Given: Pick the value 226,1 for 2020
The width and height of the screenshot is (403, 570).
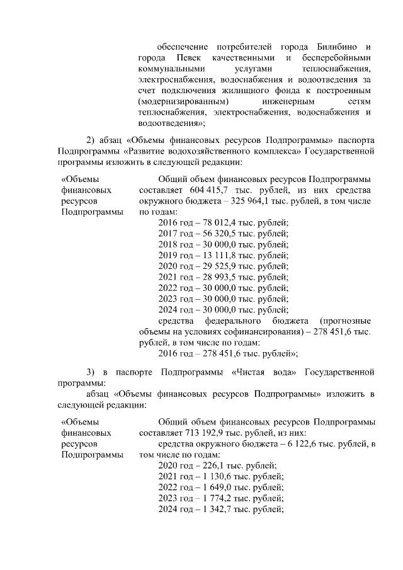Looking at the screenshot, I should (x=217, y=465).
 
